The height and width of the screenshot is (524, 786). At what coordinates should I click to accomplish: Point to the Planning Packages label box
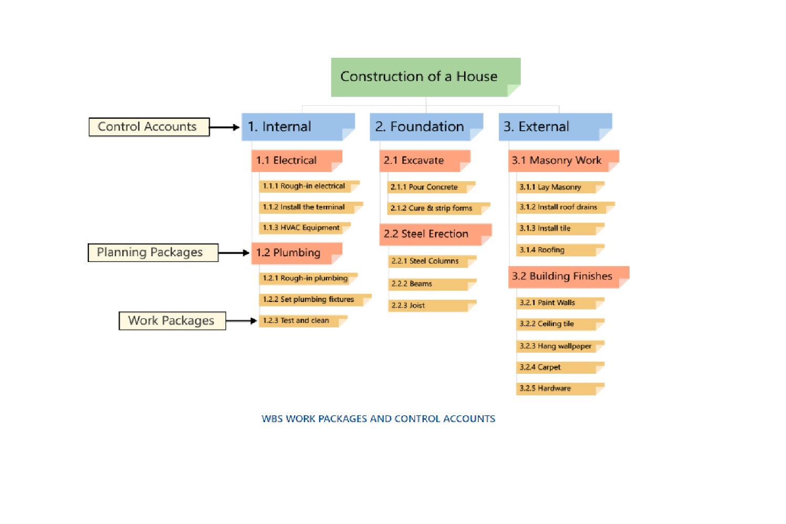153,253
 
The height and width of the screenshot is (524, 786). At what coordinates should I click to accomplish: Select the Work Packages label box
172,321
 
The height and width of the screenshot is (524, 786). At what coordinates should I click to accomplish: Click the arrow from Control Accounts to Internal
225,127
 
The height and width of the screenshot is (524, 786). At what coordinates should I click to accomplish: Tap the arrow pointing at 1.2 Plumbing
234,253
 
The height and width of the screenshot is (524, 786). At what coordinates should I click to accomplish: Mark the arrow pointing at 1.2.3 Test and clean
242,321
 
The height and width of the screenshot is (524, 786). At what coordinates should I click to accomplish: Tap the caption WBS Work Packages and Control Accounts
378,419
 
